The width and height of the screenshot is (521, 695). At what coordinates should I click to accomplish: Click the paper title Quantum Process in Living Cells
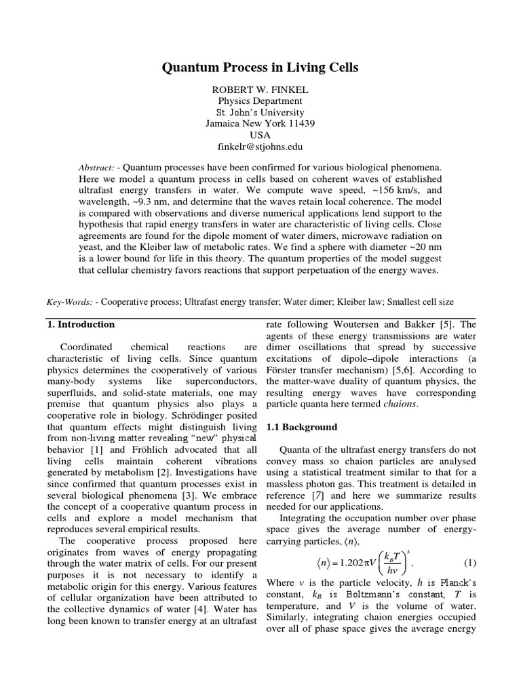[x=260, y=68]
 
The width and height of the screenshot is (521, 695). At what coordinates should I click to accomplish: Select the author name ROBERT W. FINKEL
[x=260, y=89]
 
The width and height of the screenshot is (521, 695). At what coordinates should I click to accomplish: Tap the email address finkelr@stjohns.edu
[x=260, y=146]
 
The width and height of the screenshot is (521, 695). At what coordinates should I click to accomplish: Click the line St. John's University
[x=260, y=112]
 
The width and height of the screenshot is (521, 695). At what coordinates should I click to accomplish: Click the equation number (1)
[x=470, y=563]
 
